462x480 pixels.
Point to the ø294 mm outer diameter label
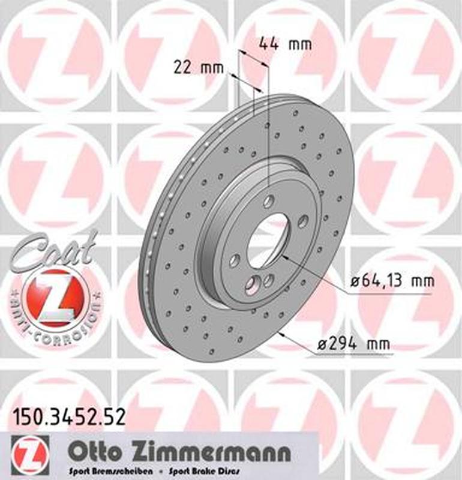(x=353, y=344)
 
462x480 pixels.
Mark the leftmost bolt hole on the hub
(x=235, y=259)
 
